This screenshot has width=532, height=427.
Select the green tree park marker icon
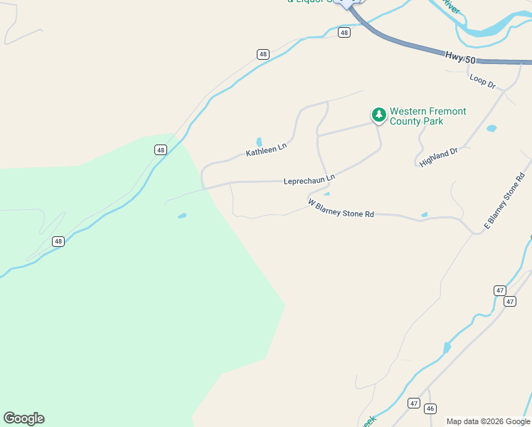click(x=379, y=115)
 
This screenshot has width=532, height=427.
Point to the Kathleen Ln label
click(x=266, y=149)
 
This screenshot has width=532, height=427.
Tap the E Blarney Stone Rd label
click(x=504, y=201)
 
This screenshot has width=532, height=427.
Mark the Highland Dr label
click(x=439, y=157)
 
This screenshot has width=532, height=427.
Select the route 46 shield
click(x=430, y=408)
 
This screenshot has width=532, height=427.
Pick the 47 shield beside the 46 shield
click(x=414, y=404)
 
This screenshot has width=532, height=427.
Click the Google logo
click(x=23, y=418)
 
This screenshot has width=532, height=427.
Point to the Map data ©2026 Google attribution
click(x=488, y=421)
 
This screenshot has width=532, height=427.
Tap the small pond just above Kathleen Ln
click(x=259, y=141)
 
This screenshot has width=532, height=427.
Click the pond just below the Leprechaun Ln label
click(x=326, y=194)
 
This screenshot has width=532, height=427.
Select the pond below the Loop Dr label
click(x=491, y=129)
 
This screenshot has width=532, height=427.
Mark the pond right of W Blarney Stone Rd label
click(x=425, y=214)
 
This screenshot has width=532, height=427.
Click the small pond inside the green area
click(x=182, y=216)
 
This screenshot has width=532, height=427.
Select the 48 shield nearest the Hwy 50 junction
click(x=344, y=33)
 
